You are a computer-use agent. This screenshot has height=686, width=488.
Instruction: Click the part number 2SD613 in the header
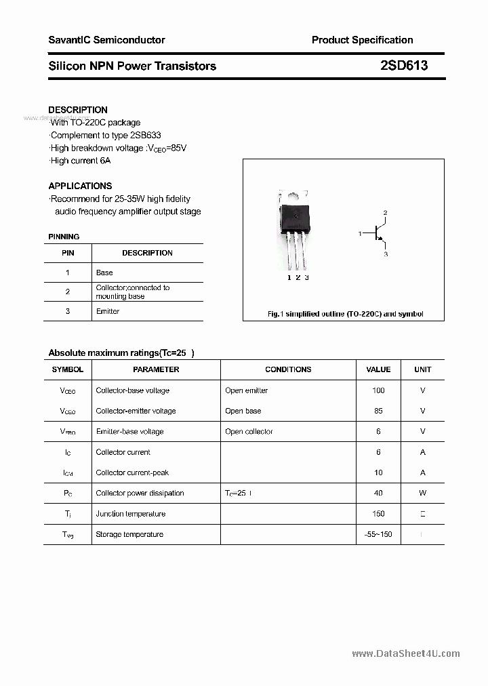(403, 66)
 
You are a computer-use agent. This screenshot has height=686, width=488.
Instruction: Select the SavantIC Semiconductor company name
(106, 40)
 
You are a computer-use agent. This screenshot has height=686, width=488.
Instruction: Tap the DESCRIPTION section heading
(78, 110)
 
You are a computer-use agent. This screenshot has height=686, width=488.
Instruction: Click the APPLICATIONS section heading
(80, 186)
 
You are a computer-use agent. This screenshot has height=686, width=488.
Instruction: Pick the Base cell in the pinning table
(104, 273)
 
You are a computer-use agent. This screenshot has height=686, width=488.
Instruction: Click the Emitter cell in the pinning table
(108, 311)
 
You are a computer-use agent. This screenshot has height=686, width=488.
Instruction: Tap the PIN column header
(68, 253)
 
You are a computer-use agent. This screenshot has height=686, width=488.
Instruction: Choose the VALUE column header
(378, 369)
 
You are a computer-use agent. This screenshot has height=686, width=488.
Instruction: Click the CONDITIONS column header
(288, 369)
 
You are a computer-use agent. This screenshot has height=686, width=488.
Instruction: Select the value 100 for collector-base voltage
(378, 390)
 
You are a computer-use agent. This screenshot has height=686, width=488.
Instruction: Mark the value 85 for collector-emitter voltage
(378, 411)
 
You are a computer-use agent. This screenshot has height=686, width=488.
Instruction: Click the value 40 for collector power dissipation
(378, 493)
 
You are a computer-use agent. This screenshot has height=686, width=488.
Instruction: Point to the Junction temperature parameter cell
(131, 514)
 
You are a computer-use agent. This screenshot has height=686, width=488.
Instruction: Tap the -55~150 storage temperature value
(378, 534)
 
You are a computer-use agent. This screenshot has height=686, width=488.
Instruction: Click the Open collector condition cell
(249, 431)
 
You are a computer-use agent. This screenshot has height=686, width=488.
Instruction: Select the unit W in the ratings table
(422, 493)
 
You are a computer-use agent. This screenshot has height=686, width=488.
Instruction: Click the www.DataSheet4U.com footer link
(406, 653)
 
